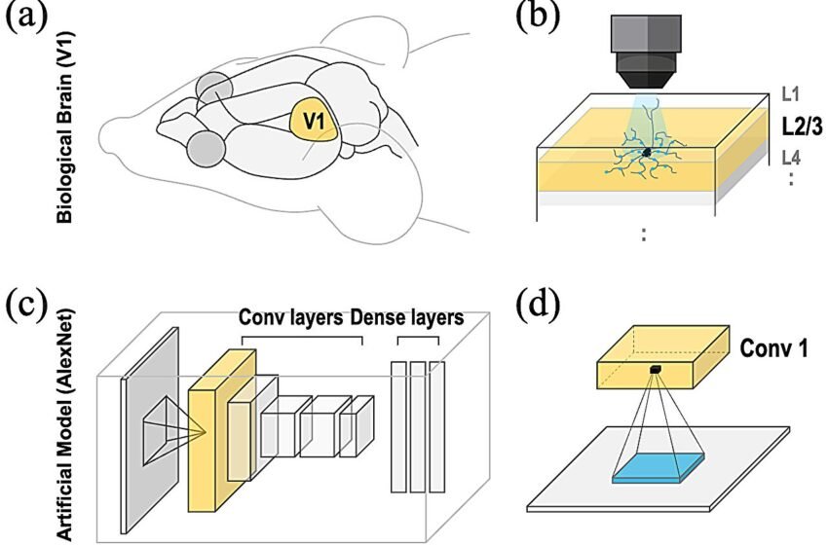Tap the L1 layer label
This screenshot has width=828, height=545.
791,94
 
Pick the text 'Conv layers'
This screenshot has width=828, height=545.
291,317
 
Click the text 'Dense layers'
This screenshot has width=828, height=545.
407,317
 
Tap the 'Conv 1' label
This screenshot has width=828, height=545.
773,348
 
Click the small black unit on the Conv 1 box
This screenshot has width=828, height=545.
656,369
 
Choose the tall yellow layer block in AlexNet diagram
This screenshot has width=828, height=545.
222,430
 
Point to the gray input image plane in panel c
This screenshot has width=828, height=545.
150,430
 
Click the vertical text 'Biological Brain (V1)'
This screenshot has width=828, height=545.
64,127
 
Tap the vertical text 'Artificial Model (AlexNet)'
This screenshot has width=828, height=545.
65,424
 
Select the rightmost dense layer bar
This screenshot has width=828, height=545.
437,427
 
